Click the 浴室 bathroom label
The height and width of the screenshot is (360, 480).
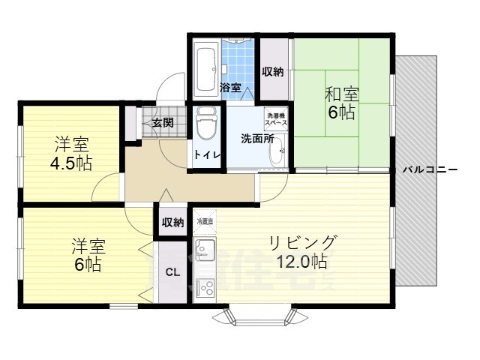click(x=230, y=88)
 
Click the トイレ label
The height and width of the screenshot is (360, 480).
click(x=206, y=154)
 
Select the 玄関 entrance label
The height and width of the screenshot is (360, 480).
click(x=163, y=123)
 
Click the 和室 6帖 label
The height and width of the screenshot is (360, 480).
click(x=341, y=104)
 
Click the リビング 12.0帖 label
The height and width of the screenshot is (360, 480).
click(x=304, y=251)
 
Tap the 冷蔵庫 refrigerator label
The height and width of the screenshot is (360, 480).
click(x=205, y=222)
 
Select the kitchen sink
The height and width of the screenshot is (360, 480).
click(x=204, y=250)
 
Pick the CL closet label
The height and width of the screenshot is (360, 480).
click(x=172, y=272)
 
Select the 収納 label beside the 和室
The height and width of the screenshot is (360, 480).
click(x=273, y=72)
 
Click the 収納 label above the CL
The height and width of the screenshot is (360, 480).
click(x=172, y=222)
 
